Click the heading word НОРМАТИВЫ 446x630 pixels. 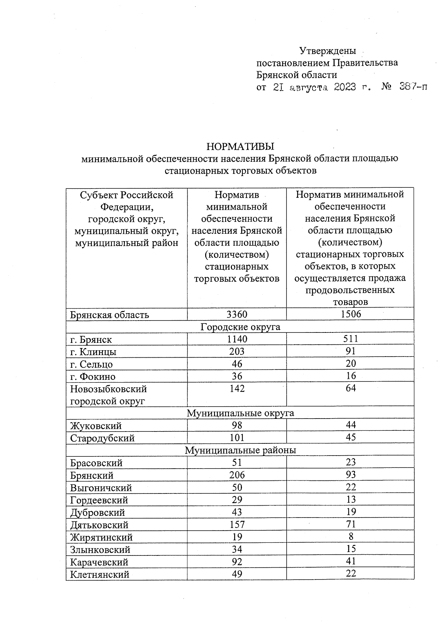tap(240, 146)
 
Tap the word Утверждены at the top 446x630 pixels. tap(327, 50)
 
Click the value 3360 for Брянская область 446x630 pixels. tap(237, 314)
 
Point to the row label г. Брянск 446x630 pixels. tap(91, 339)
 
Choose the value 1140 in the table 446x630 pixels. tap(237, 339)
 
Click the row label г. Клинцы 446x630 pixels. tap(93, 352)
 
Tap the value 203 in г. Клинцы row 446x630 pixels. tap(237, 351)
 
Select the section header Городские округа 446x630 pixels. tap(240, 327)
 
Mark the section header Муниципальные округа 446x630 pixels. tap(240, 413)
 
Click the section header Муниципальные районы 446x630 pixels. tap(240, 450)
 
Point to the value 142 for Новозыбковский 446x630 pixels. tap(237, 388)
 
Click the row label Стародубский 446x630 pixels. tap(102, 438)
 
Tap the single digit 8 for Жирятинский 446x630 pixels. tap(351, 537)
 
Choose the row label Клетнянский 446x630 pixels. tap(100, 574)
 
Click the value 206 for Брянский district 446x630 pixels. tap(237, 475)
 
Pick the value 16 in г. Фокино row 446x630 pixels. tap(350, 376)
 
